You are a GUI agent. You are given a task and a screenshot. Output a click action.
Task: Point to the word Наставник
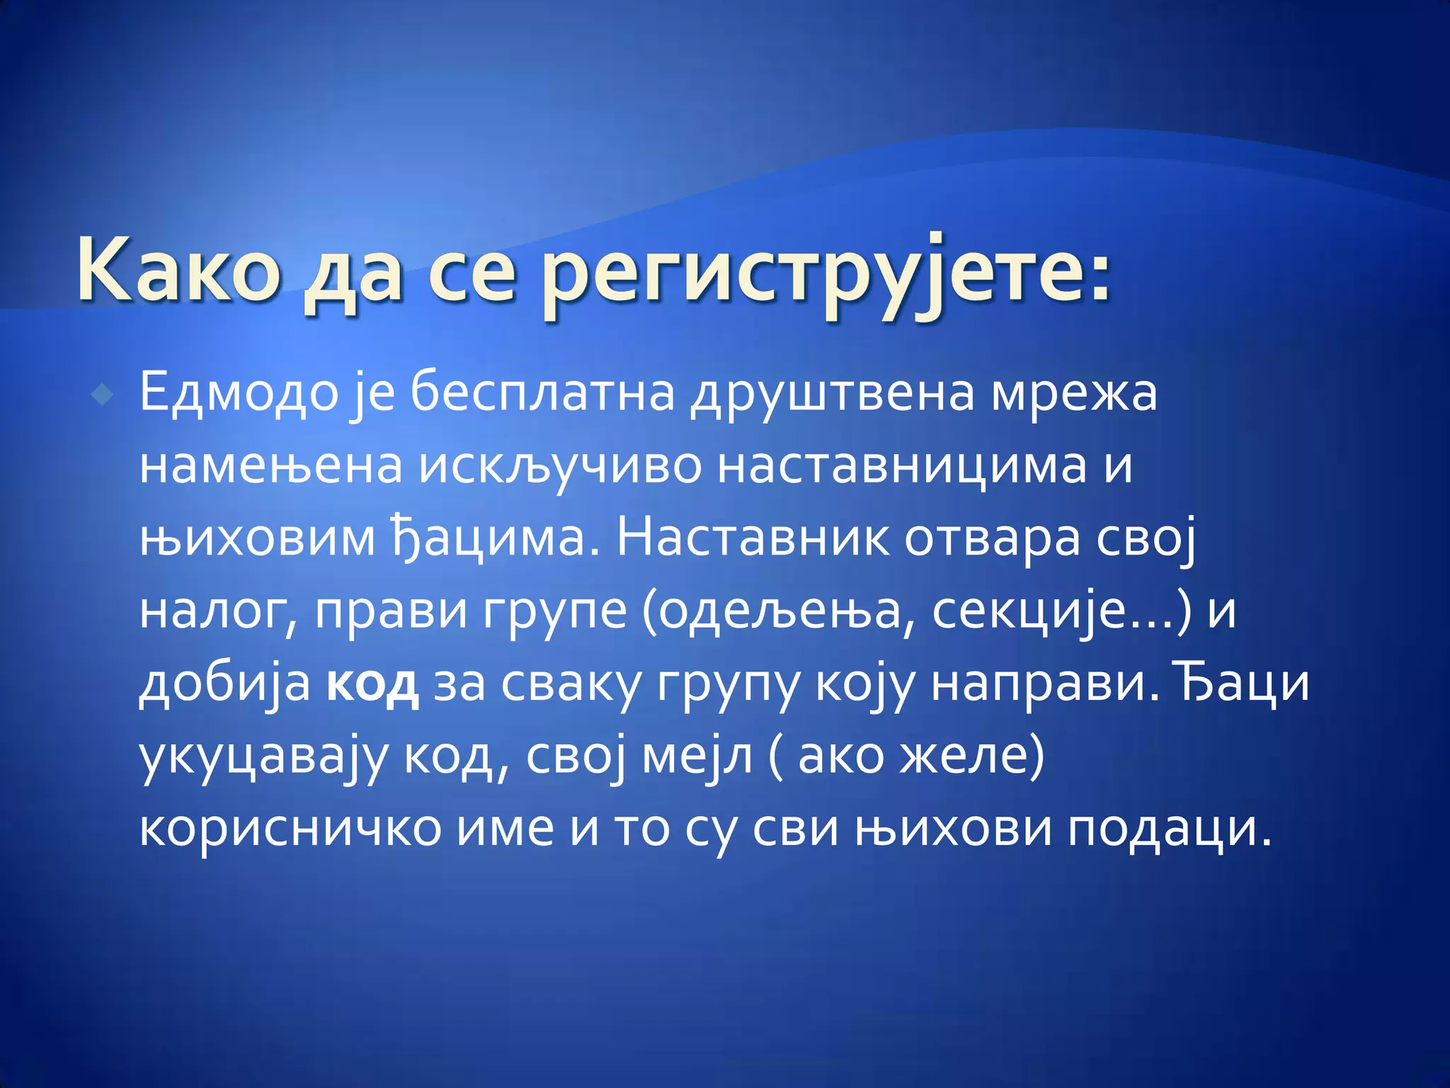click(753, 538)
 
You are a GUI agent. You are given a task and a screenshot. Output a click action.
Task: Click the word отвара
click(993, 538)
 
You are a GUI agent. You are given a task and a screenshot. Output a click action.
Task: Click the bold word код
click(372, 684)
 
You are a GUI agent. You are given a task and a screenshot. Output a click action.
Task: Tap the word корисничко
click(290, 829)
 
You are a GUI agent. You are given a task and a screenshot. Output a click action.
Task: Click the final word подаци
click(1169, 829)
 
